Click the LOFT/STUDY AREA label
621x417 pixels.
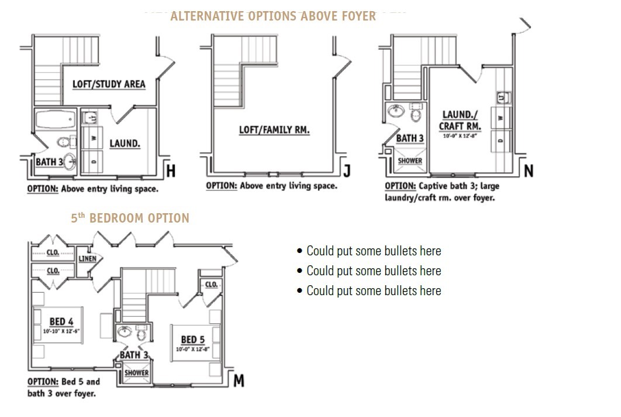(109, 84)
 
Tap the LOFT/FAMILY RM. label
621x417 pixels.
(274, 129)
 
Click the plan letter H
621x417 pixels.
(171, 170)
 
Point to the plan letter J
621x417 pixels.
(347, 170)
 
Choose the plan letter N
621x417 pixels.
(529, 170)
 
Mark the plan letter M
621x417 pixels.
(239, 381)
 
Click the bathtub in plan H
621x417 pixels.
(55, 121)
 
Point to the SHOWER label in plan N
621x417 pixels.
(410, 161)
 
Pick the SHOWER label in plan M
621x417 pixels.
(136, 372)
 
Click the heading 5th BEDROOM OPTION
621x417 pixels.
(130, 218)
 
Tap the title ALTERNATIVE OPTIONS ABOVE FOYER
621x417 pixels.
(273, 16)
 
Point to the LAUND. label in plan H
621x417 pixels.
(125, 143)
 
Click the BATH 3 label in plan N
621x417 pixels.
(409, 139)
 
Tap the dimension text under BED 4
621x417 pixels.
(60, 331)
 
